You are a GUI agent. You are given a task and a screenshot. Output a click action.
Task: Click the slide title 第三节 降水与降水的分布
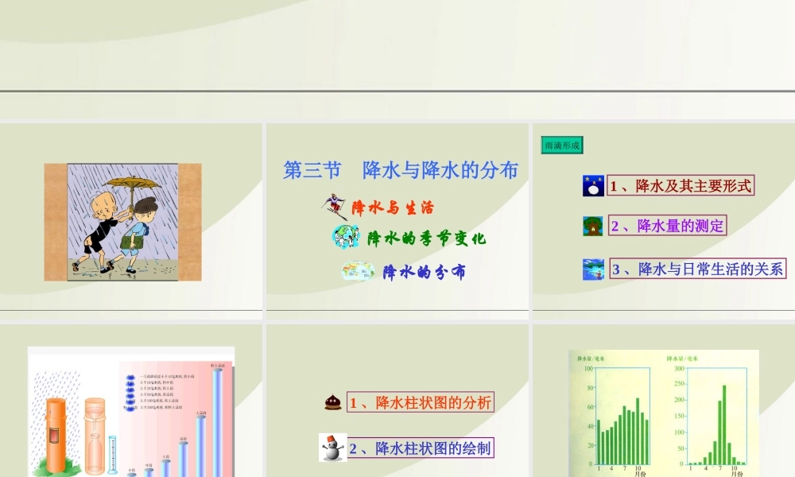pyautogui.click(x=401, y=170)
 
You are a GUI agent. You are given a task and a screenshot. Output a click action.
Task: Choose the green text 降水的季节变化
pyautogui.click(x=426, y=238)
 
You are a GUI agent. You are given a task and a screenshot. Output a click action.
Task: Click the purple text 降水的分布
pyautogui.click(x=424, y=272)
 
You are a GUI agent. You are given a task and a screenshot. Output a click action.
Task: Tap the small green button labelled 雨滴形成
pyautogui.click(x=561, y=145)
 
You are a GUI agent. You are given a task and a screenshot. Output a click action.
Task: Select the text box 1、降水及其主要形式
pyautogui.click(x=681, y=186)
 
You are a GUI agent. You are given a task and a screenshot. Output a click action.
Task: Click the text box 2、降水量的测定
pyautogui.click(x=667, y=226)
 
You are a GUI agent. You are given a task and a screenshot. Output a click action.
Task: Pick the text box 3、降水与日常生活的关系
pyautogui.click(x=697, y=269)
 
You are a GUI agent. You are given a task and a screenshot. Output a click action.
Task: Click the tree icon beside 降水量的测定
pyautogui.click(x=593, y=226)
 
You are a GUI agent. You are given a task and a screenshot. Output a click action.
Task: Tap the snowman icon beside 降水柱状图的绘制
pyautogui.click(x=332, y=448)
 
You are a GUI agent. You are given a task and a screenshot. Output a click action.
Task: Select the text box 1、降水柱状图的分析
pyautogui.click(x=421, y=402)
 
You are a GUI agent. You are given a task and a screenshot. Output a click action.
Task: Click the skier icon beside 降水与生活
pyautogui.click(x=335, y=207)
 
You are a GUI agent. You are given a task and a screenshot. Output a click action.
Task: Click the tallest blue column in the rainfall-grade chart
pyautogui.click(x=218, y=421)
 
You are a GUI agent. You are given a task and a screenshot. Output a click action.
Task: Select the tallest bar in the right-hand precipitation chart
pyautogui.click(x=724, y=424)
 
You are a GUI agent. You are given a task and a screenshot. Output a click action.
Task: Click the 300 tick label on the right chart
pyautogui.click(x=680, y=369)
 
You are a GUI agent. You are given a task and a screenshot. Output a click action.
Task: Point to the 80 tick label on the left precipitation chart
pyautogui.click(x=588, y=388)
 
